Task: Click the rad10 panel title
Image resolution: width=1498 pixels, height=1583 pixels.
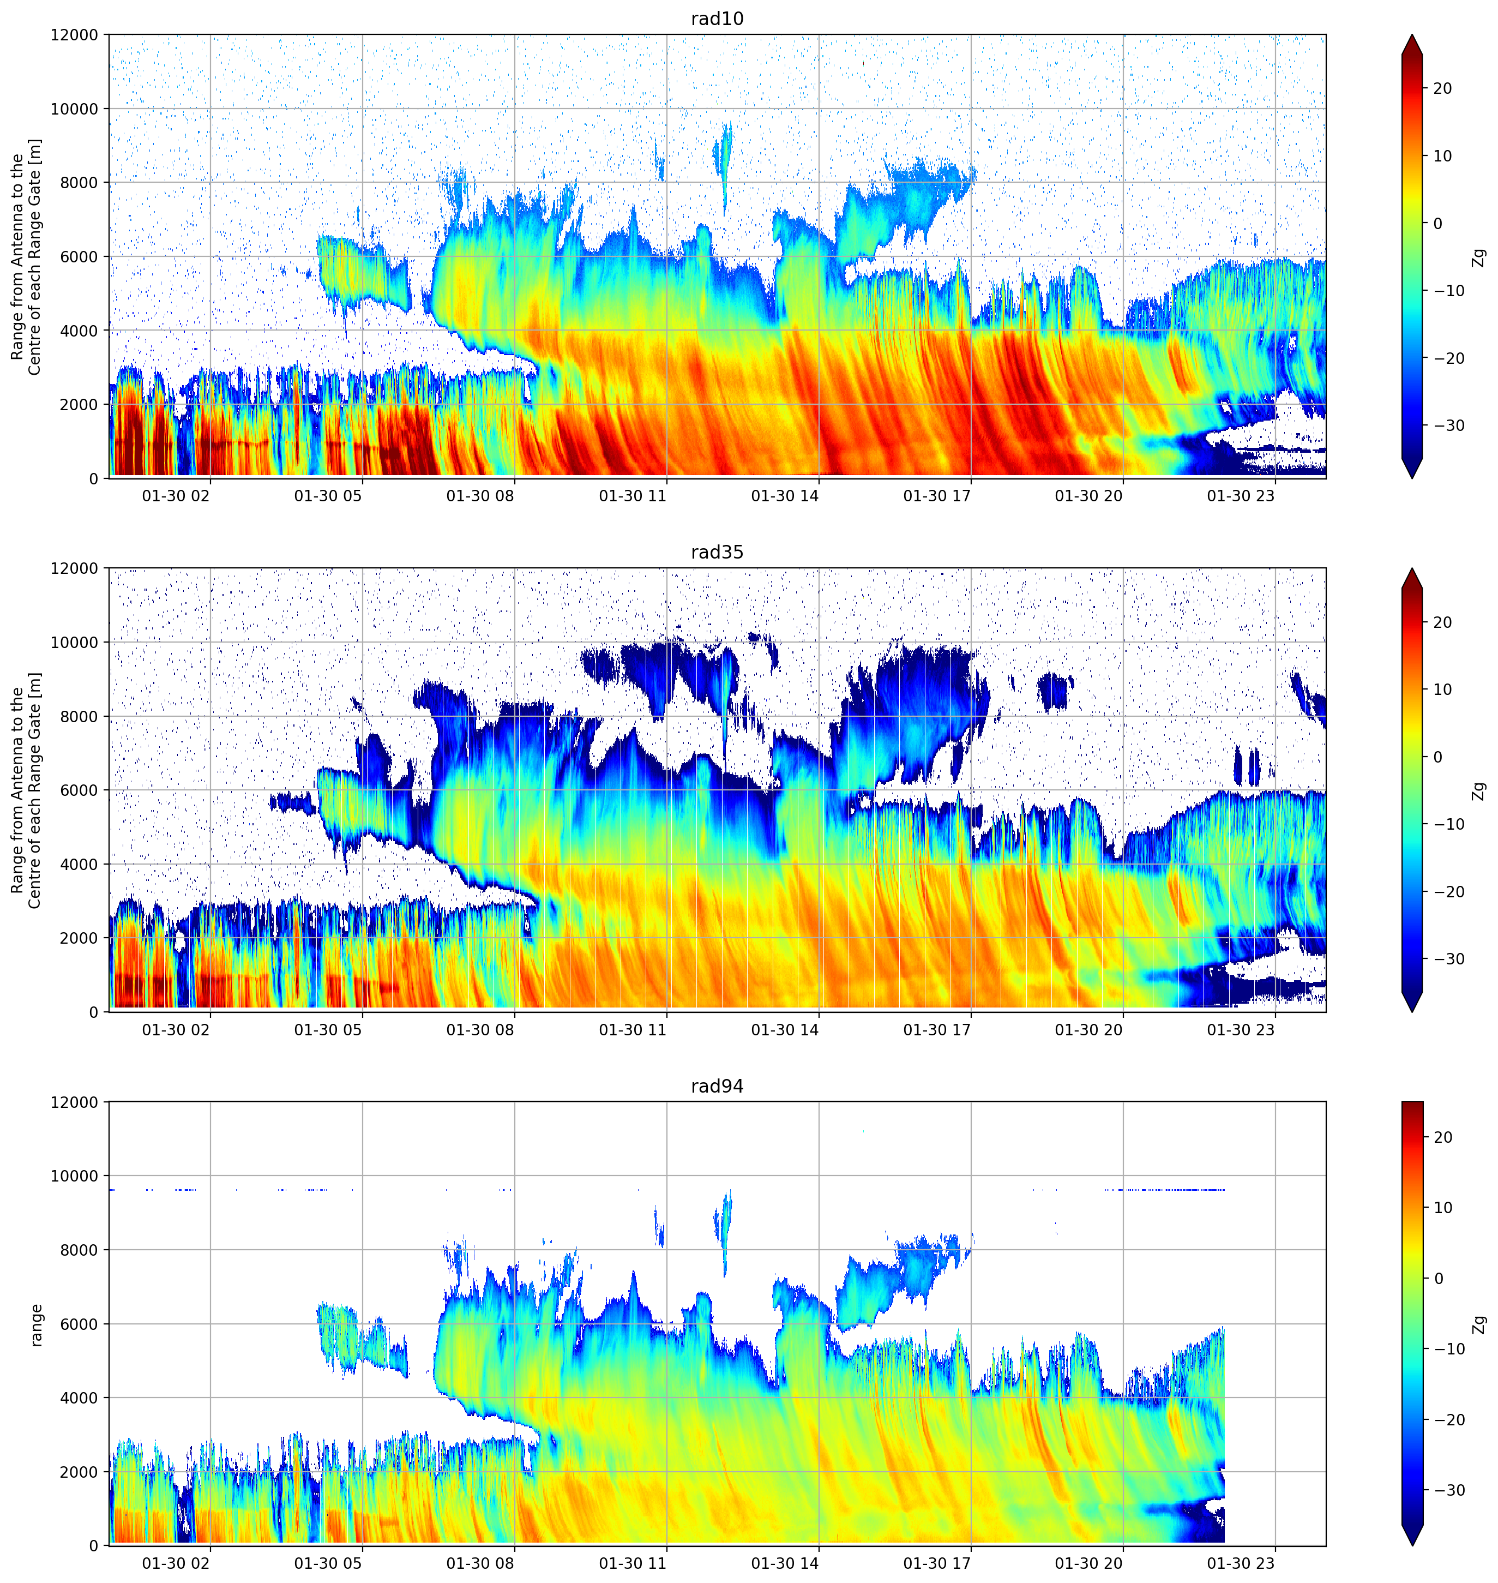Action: [x=717, y=19]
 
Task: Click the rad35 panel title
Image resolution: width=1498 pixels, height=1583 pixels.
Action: [x=717, y=552]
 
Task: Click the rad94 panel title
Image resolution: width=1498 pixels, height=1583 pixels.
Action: [x=717, y=1086]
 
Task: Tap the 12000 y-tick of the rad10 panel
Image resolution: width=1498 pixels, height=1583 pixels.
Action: [x=74, y=35]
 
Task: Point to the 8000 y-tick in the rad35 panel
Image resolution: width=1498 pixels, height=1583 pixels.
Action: [x=79, y=716]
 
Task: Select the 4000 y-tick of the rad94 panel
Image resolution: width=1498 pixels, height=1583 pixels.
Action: [x=79, y=1398]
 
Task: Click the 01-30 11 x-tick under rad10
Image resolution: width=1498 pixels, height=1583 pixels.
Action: [x=633, y=496]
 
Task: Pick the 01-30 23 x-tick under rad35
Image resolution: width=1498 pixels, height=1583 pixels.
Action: [x=1241, y=1029]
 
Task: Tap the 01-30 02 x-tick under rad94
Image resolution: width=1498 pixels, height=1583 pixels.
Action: [x=176, y=1563]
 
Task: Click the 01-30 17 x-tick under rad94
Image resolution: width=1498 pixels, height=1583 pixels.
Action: [x=937, y=1563]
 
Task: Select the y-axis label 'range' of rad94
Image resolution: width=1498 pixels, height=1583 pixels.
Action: [x=36, y=1325]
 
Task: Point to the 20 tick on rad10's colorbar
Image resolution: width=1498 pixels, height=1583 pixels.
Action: [x=1442, y=89]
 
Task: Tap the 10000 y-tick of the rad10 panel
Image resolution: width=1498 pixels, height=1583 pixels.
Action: [x=74, y=110]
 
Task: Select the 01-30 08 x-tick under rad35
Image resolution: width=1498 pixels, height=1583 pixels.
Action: [x=480, y=1029]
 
